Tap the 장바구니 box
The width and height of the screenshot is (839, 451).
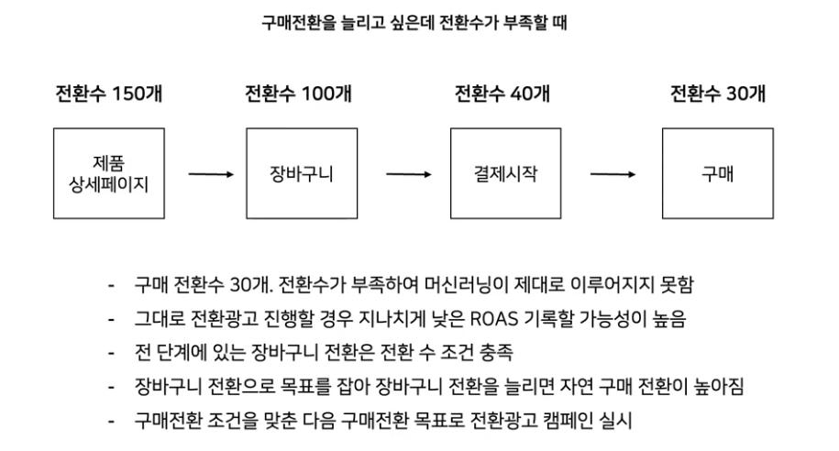(301, 173)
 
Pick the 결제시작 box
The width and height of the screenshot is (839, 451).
(504, 173)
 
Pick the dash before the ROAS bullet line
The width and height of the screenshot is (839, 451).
(110, 319)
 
